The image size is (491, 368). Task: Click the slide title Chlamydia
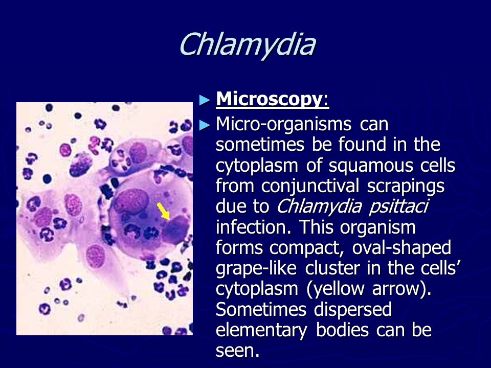[x=248, y=45]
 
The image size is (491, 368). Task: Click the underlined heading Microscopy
[x=273, y=100]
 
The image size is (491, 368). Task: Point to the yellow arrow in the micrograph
[x=163, y=211]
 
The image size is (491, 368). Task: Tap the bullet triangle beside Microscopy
[x=205, y=100]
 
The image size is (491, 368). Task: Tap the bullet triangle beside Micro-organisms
[x=205, y=125]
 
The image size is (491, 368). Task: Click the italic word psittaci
[x=398, y=207]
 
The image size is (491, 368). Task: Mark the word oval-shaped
[x=401, y=248]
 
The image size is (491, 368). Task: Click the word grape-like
[x=256, y=269]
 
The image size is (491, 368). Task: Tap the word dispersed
[x=353, y=310]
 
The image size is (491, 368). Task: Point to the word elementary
[x=261, y=331]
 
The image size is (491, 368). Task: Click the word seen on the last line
[x=237, y=351]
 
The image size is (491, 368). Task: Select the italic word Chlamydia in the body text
[x=319, y=207]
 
